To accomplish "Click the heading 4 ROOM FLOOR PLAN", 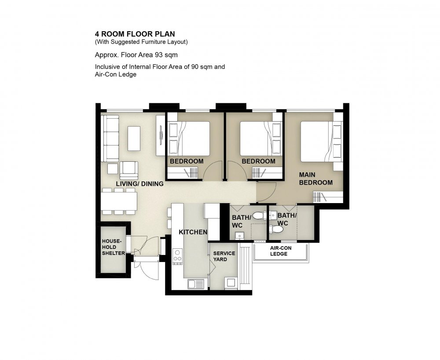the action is coord(135,34).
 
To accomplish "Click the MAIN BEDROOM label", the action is coord(315,178).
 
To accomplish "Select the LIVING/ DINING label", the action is coord(140,184).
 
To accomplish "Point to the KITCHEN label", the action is coord(193,232).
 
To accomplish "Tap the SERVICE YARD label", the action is coord(224,256).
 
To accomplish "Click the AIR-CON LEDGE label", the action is coord(281,251).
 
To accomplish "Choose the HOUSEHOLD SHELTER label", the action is coord(114,247).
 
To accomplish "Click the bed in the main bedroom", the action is coord(322,141).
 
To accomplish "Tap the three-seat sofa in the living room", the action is coord(110,138).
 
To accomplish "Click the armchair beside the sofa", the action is coord(129,171).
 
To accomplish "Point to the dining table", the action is coord(119,201).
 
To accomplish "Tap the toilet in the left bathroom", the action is coord(260,216).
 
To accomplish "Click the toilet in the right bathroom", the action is coord(276,229).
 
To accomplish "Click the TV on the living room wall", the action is coord(161,135).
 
